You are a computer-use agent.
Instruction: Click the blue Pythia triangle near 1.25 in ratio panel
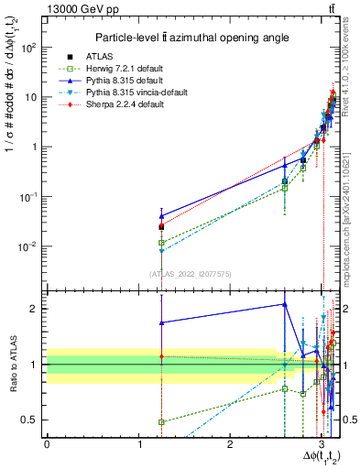(161, 322)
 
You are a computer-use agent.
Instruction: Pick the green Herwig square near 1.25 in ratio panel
(161, 422)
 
